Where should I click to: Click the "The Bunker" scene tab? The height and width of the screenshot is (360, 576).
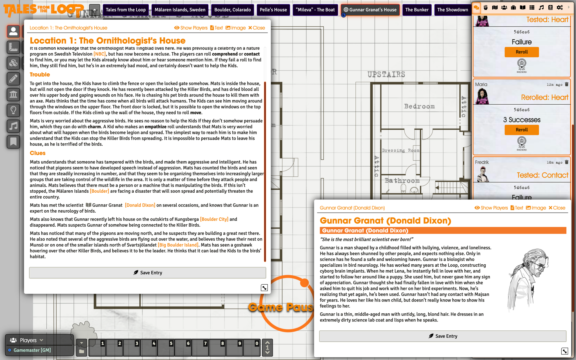[x=417, y=10]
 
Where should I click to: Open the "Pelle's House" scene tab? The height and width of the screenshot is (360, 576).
[x=273, y=10]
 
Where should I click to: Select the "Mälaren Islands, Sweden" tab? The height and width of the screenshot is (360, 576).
[x=180, y=10]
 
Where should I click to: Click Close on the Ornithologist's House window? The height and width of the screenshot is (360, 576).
[x=256, y=28]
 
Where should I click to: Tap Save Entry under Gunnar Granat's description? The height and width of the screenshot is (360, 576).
[x=443, y=336]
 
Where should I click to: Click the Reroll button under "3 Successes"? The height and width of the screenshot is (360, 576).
[x=522, y=130]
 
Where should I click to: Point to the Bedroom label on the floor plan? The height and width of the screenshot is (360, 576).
[x=419, y=106]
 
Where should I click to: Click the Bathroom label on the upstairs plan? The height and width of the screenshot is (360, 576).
[x=402, y=181]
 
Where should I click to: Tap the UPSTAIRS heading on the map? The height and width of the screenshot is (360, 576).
[x=386, y=75]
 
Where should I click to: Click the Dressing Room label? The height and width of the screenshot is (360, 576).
[x=400, y=150]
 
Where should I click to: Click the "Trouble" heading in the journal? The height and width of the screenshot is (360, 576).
[x=40, y=75]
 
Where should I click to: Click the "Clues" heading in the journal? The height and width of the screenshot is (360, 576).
[x=38, y=153]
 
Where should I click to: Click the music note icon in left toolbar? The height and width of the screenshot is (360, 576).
[x=13, y=126]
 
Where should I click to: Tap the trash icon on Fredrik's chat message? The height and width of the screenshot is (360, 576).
[x=567, y=162]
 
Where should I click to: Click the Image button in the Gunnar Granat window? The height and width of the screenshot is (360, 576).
[x=536, y=208]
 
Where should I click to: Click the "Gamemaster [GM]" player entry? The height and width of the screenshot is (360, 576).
[x=32, y=350]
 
